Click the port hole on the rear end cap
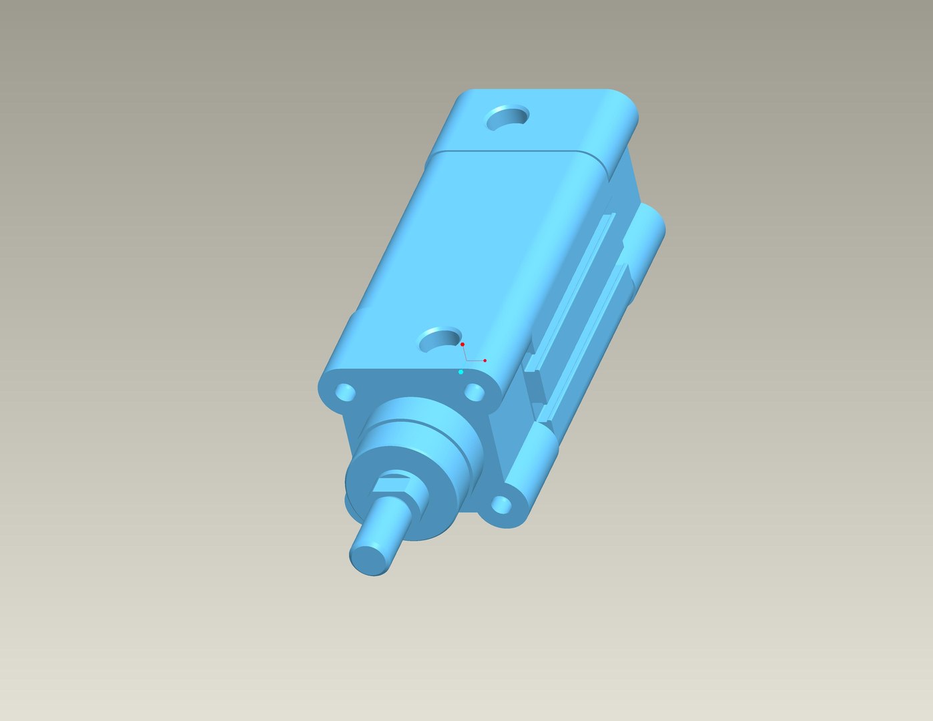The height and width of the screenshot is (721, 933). (507, 118)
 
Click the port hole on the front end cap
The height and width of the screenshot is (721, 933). (440, 340)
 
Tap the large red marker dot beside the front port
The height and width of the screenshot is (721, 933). (462, 344)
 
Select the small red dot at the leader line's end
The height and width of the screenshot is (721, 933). (485, 360)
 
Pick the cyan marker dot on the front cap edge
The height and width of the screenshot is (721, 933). (460, 372)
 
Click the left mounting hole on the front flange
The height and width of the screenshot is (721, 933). (346, 393)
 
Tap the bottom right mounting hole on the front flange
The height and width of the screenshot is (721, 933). (501, 505)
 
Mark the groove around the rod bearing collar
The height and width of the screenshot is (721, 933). (427, 423)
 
